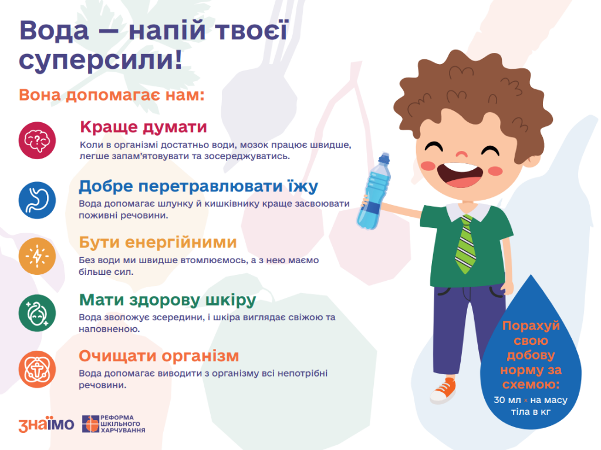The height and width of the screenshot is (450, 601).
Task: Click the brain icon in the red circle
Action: point(37,140)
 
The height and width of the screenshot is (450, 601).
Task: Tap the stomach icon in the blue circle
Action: point(37,200)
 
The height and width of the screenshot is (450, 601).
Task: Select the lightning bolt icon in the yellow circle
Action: point(37,256)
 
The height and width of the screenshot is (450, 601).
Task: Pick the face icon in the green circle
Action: point(37,313)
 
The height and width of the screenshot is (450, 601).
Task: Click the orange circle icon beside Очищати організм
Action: point(37,370)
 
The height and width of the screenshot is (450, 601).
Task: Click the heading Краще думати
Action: point(143,127)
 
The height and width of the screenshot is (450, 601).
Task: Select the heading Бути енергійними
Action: point(158,243)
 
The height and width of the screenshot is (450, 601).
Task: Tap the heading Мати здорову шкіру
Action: point(167,300)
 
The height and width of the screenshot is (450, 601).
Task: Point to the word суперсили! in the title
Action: point(100,61)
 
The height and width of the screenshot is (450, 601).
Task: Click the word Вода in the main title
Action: point(54,31)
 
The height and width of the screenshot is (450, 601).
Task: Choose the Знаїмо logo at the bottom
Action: point(46,424)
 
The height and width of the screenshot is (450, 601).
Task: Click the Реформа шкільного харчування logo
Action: point(114,424)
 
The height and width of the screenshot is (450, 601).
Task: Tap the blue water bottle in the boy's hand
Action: point(374,192)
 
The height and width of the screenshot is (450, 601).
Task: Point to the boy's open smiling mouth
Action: point(460,174)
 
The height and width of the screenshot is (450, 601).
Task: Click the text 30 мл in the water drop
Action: point(507,400)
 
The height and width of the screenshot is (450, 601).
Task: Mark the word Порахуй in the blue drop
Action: point(531,326)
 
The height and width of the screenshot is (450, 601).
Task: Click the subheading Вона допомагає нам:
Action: point(112,95)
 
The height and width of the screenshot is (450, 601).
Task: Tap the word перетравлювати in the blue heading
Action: point(210,186)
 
